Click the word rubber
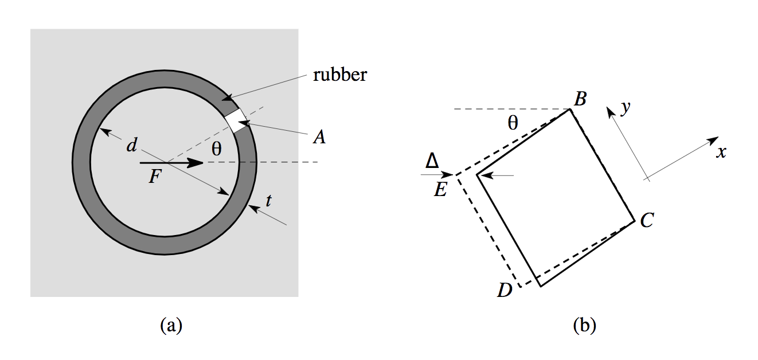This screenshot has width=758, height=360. tap(339, 75)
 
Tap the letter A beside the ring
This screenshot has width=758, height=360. tap(319, 137)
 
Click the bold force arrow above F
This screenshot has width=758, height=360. tap(172, 163)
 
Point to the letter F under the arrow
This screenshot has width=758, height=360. tap(154, 177)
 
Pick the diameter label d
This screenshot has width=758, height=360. tap(132, 146)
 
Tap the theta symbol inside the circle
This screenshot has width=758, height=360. tap(216, 149)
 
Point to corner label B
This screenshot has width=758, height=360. tap(580, 100)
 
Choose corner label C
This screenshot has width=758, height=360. tap(647, 220)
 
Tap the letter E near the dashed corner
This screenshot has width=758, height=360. tap(440, 189)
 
